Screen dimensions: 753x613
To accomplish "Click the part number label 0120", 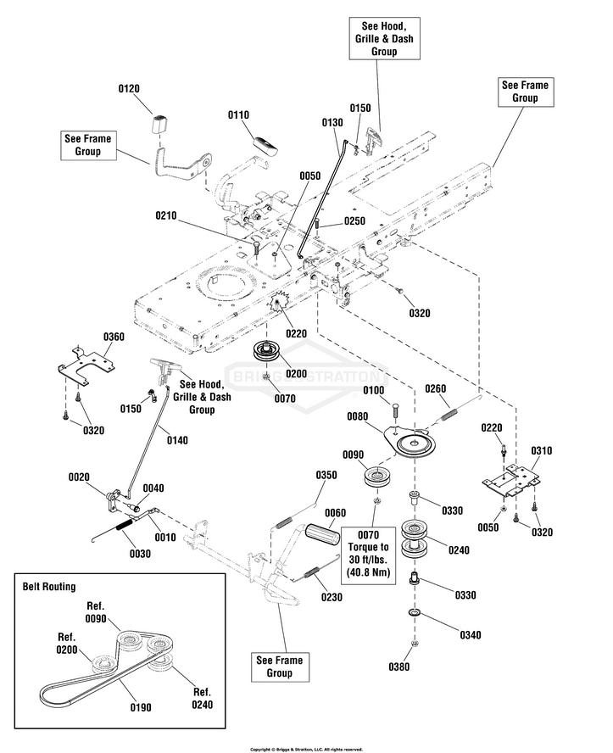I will tap(128, 88).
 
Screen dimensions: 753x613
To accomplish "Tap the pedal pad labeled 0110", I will tap(265, 143).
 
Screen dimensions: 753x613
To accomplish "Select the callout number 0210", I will tap(166, 216).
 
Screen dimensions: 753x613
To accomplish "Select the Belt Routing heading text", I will tap(50, 586).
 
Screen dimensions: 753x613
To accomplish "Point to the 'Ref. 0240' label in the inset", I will tap(201, 697).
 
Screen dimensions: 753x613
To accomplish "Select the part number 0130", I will tap(333, 122).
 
